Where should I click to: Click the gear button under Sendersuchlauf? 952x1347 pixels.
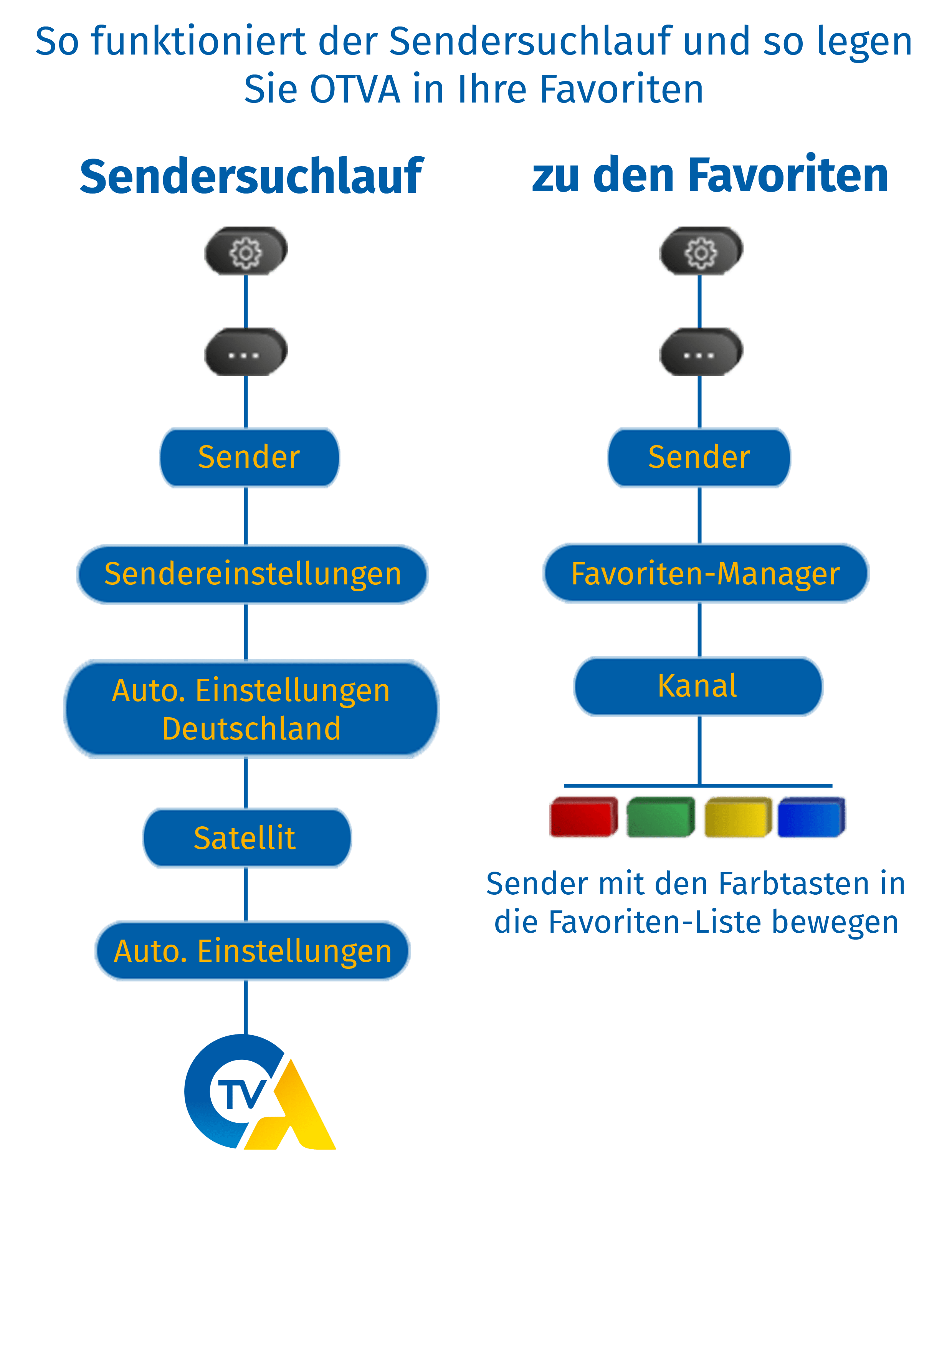click(246, 252)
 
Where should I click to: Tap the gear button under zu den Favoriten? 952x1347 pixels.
click(701, 252)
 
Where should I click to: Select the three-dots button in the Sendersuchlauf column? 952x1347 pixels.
click(246, 352)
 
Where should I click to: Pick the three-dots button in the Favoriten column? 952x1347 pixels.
click(701, 352)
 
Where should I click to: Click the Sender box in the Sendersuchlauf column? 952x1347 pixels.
click(249, 458)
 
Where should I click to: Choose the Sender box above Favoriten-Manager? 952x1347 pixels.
click(699, 458)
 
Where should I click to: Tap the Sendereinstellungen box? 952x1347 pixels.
click(252, 574)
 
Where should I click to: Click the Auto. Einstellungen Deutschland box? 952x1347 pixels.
click(251, 709)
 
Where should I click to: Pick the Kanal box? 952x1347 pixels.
click(697, 686)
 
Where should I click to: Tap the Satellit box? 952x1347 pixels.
click(246, 838)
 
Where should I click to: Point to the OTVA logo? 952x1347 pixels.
click(258, 1094)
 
